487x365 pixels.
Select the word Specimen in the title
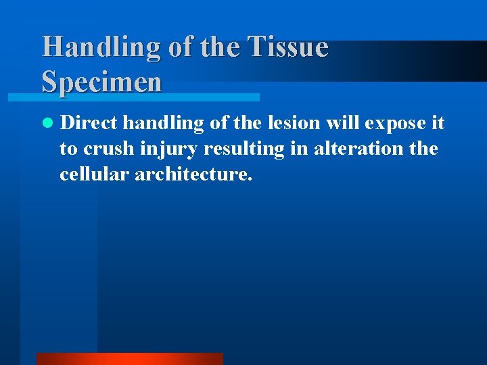click(102, 82)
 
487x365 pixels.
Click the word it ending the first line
click(438, 124)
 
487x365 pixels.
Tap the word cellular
click(95, 174)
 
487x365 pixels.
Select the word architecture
click(194, 174)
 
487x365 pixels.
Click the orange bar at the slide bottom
click(129, 358)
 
